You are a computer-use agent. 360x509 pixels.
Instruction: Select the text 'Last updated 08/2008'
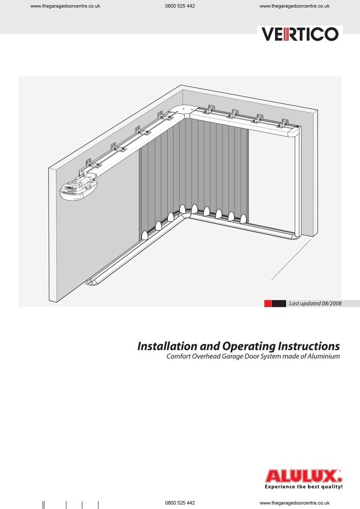[x=315, y=304]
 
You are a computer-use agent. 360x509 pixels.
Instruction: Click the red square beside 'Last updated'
[x=268, y=304]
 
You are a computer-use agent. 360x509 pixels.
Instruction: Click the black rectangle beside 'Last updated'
[x=278, y=304]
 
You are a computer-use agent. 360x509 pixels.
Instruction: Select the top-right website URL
[x=294, y=6]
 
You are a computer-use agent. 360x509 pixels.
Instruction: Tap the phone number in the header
[x=180, y=6]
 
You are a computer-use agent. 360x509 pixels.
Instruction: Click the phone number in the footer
[x=180, y=502]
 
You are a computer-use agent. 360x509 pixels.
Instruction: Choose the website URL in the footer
[x=294, y=502]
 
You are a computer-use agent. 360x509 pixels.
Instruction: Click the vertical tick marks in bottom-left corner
[x=67, y=505]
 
